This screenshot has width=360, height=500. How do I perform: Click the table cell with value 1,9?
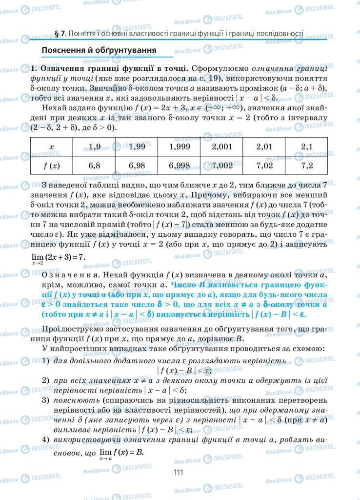pos(94,146)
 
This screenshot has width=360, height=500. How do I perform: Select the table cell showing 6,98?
pos(137,166)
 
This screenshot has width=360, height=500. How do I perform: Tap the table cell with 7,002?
pos(222,166)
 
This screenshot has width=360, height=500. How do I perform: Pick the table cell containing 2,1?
pos(307,146)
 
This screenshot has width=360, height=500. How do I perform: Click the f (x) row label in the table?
pos(52,166)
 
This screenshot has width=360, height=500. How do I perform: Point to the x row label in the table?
pos(52,146)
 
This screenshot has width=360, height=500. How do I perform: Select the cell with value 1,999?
pos(179,146)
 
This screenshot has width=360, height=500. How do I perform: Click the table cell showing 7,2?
pos(307,166)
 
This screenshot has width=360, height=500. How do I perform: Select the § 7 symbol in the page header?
pos(60,34)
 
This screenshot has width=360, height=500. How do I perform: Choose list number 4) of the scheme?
pos(45,439)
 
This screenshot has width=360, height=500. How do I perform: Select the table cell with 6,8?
pos(94,166)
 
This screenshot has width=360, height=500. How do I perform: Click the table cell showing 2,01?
pos(264,146)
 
